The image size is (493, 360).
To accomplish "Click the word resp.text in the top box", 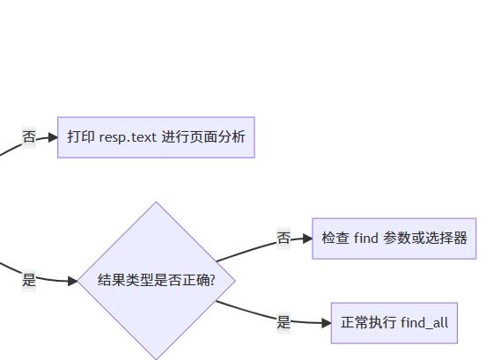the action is (128, 137).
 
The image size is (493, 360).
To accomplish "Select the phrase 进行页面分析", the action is (203, 136).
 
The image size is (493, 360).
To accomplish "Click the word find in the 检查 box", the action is (365, 238).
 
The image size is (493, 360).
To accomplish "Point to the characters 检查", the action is (335, 238).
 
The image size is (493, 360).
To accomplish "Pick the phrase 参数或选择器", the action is (424, 238).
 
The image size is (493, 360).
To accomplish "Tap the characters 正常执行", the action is (368, 322).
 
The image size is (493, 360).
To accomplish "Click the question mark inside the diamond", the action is (212, 280).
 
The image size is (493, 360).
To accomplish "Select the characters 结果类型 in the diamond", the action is (125, 280).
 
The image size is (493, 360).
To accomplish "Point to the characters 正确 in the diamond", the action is (195, 280).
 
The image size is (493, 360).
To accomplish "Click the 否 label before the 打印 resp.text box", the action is (29, 136).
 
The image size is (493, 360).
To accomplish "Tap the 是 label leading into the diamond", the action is (29, 280).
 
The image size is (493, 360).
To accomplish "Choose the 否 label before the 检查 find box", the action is (283, 238).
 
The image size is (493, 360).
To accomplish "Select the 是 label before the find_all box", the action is (283, 322).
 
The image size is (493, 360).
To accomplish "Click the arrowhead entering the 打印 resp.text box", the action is (53, 137).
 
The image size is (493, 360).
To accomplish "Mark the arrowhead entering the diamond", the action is (72, 281).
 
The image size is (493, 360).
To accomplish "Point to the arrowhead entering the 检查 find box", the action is (308, 239).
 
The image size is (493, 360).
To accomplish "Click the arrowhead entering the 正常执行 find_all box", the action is (327, 323).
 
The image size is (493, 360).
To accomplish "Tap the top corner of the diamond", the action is (157, 202).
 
